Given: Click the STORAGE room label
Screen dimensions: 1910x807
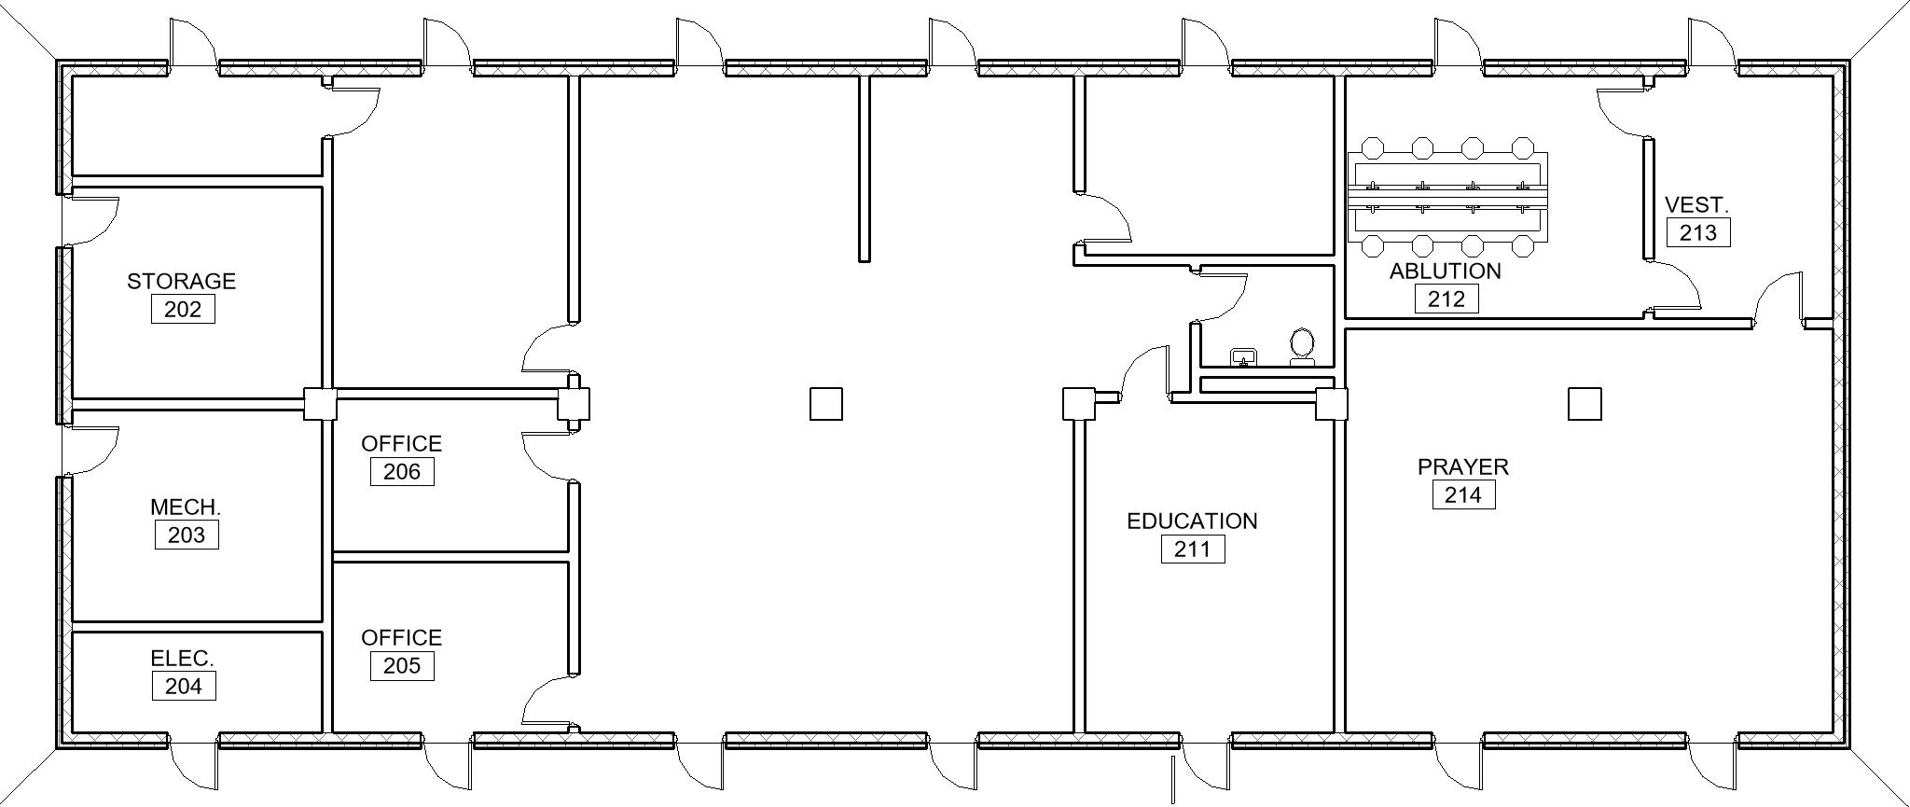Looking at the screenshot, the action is (181, 281).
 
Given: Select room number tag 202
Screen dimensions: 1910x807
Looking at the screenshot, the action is (183, 309).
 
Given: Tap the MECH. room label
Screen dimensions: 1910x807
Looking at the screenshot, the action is (186, 508).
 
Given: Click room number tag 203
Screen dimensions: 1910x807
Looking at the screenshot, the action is (187, 535).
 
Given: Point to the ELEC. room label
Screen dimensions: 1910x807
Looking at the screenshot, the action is (182, 659).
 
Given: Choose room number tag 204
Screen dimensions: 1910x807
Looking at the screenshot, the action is (184, 686).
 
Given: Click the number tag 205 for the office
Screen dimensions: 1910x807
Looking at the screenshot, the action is (402, 666).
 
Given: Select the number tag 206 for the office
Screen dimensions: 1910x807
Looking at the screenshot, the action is (402, 471).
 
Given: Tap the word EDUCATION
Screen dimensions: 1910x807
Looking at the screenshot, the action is (1192, 521).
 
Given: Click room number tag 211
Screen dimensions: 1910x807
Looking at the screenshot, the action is (1193, 549).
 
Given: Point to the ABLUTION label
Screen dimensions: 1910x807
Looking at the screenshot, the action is (1446, 271).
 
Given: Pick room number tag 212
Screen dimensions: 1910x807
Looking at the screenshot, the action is (1446, 299).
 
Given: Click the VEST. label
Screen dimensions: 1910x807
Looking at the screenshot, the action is (1696, 204).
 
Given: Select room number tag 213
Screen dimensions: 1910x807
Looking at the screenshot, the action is (1698, 232).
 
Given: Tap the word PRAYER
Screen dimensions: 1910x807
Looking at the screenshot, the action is (1463, 466).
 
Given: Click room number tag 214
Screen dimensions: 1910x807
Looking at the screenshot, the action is (1463, 494).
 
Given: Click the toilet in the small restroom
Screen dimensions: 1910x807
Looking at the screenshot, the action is (1302, 347).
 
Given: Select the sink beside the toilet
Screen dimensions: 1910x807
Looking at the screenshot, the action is (1244, 356).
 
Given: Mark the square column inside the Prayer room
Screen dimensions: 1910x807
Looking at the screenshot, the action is (1585, 404).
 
